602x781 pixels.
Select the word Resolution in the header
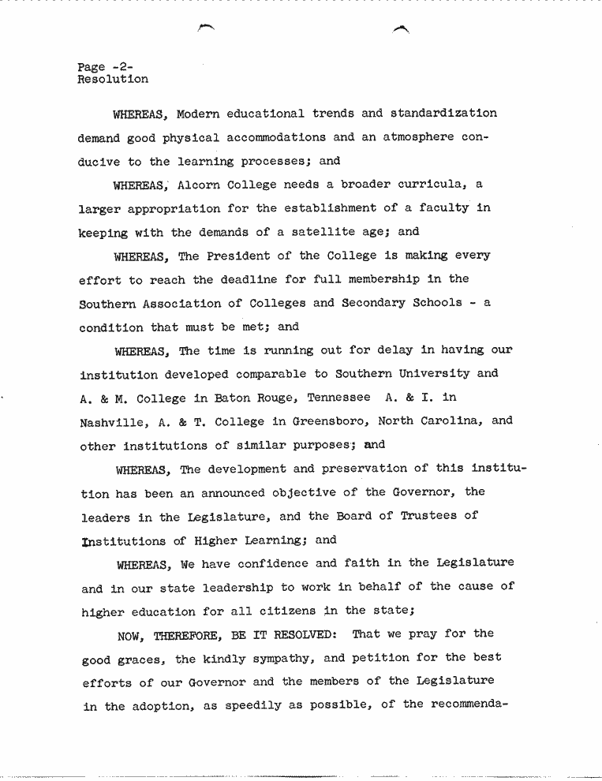pos(113,80)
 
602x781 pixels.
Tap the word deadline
pos(248,280)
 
